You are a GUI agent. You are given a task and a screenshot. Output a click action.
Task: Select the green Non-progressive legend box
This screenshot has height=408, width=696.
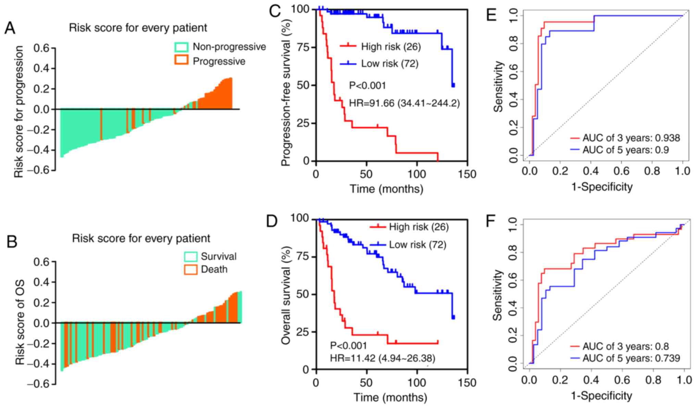point(182,47)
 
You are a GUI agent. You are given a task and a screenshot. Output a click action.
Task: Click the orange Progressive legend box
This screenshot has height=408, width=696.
point(182,61)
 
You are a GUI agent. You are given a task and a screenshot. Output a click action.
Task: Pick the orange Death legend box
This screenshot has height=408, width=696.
point(191,270)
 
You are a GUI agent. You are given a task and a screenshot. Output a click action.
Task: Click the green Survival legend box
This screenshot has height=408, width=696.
point(191,256)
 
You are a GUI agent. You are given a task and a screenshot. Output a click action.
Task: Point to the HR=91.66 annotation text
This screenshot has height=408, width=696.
point(404,103)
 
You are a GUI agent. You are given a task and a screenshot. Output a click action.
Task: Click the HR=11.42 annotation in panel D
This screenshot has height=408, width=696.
point(383,358)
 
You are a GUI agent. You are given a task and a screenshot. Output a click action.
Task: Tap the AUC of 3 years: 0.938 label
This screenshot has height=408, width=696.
point(631,138)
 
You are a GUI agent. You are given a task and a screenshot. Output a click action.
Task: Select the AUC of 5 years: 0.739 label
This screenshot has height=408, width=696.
point(631,358)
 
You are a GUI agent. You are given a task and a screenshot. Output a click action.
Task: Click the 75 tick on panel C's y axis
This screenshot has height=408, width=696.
point(303,47)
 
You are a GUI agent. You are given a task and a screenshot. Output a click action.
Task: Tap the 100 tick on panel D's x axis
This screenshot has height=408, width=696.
point(417,383)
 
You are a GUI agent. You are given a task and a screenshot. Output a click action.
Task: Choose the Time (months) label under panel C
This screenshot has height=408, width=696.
point(386,189)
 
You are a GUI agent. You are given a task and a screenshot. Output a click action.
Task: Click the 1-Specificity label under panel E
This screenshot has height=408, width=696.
point(602,187)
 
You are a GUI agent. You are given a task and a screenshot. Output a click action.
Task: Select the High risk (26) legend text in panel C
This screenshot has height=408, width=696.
point(391,47)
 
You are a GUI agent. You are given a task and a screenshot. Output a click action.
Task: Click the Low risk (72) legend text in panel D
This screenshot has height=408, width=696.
point(418,245)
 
